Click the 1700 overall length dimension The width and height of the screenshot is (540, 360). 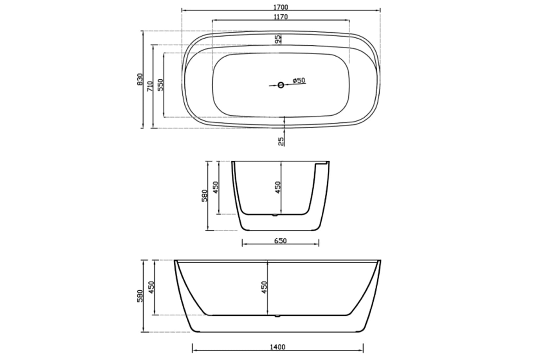pos(281,7)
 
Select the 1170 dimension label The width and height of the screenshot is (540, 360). pos(281,17)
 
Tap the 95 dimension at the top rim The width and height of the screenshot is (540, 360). pos(278,39)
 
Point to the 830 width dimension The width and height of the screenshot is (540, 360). pos(140,79)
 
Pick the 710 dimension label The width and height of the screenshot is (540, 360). pos(150,86)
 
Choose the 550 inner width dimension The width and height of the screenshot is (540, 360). pos(161,85)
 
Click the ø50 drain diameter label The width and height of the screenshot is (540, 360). pos(298,81)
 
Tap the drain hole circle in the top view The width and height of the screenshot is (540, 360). pos(281,85)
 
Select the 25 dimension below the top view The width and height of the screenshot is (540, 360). pos(281,141)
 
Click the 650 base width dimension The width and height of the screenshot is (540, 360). pos(280,241)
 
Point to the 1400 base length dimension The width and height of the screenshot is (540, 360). pos(278,347)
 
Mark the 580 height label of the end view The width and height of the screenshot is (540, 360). pos(205,196)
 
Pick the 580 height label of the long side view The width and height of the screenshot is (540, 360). pos(140,296)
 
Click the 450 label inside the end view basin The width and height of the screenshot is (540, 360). pos(278,187)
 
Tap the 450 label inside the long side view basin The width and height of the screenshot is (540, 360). pos(264,287)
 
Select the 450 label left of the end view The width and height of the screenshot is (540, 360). pos(216,187)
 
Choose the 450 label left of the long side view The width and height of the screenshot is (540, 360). pos(152,287)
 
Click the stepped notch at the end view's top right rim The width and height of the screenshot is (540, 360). pos(322,164)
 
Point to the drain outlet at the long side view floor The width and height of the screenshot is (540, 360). pos(277,316)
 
